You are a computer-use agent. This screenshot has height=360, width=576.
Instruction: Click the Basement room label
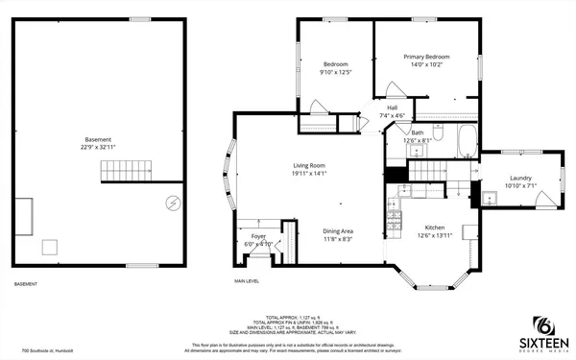coord(98,139)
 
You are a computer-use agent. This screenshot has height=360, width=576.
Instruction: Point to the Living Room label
coord(309,166)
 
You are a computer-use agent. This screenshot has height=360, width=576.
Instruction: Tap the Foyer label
coord(259,235)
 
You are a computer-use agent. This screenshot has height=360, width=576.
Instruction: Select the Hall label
coord(392,108)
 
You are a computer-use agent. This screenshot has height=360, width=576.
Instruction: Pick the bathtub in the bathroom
coord(467,142)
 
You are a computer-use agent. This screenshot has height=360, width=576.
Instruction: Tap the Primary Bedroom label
coord(426,57)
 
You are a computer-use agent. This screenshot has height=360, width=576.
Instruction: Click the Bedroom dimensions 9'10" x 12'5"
coord(336,72)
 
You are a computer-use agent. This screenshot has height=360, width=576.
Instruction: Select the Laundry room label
coord(521,177)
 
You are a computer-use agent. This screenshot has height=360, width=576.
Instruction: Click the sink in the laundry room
coord(489,198)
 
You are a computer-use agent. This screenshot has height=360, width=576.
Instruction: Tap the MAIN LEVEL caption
coord(247,280)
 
